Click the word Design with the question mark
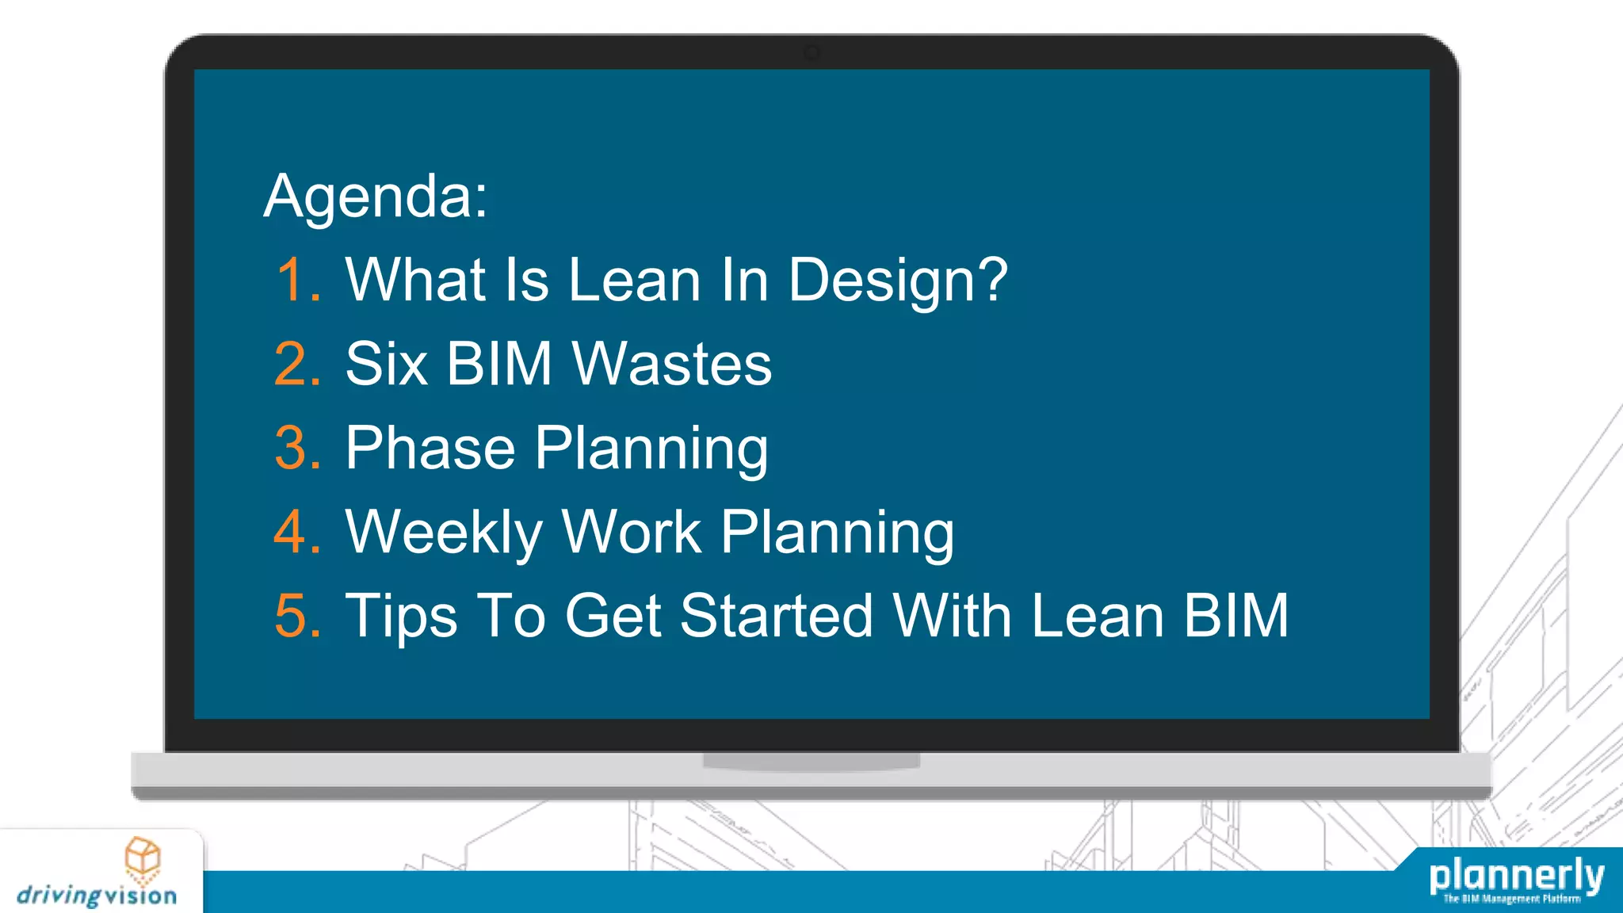coord(897,281)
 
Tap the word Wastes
coord(671,364)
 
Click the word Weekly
coord(444,533)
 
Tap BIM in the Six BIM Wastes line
coord(498,364)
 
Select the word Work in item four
coord(632,532)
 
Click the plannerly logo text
coord(1516,876)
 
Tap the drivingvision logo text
coord(97,896)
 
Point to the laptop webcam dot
coord(811,53)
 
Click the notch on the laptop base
coord(811,762)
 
